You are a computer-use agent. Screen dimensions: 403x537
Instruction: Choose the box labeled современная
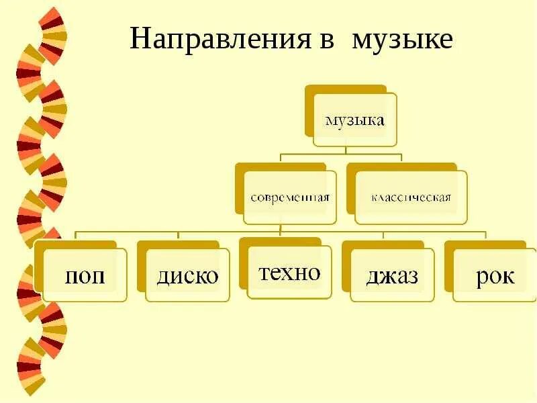[x=290, y=197]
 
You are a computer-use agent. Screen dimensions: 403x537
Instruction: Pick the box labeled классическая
[x=410, y=197]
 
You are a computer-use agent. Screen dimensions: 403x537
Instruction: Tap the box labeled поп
[x=85, y=275]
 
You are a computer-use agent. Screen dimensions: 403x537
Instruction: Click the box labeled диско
[x=187, y=275]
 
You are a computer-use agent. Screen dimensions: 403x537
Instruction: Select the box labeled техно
[x=289, y=273]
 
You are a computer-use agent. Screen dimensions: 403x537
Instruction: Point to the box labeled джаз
[x=392, y=275]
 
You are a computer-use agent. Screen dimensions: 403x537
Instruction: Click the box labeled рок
[x=495, y=275]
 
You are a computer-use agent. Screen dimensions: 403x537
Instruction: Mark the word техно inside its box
[x=289, y=273]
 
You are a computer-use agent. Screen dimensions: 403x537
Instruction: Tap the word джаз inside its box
[x=392, y=276]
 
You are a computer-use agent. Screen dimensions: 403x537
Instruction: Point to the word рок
[x=495, y=276]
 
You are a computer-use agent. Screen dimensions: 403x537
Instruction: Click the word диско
[x=187, y=276]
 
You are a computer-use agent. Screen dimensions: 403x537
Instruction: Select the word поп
[x=85, y=276]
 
